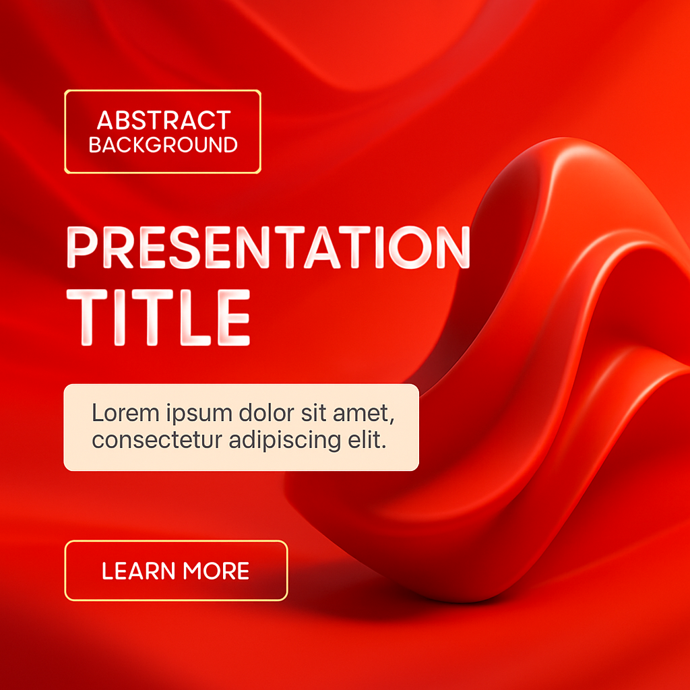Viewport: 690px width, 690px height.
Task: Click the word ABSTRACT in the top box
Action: click(x=164, y=120)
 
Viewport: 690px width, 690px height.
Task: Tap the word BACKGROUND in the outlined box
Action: click(x=163, y=145)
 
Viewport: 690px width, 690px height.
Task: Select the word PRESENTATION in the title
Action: click(x=268, y=247)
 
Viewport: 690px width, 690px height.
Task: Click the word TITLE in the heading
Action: click(x=158, y=317)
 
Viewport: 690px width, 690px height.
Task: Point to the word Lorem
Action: click(x=125, y=413)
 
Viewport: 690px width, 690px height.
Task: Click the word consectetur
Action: click(x=157, y=439)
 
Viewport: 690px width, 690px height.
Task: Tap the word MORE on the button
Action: click(x=216, y=571)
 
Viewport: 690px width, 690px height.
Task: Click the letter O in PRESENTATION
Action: click(x=409, y=247)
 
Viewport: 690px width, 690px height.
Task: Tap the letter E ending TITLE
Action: click(x=234, y=317)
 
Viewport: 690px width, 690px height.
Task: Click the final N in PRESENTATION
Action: click(x=453, y=247)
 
